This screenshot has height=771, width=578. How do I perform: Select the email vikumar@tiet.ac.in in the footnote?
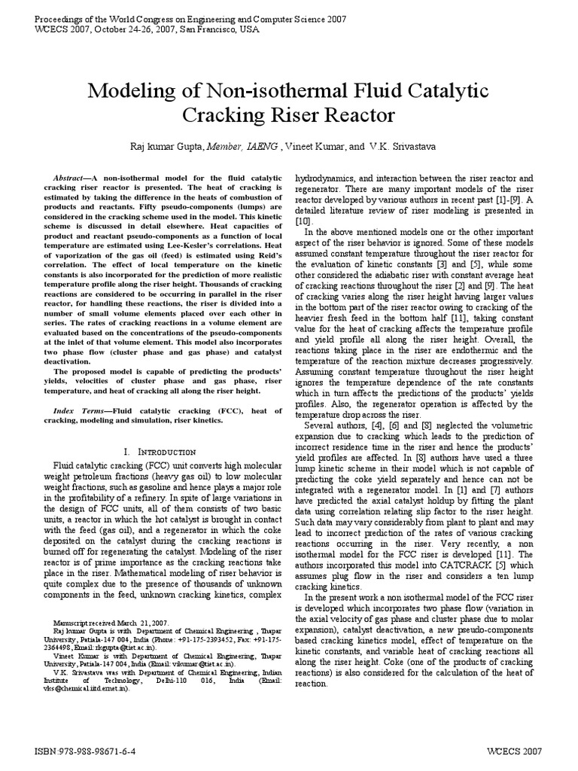197,665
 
